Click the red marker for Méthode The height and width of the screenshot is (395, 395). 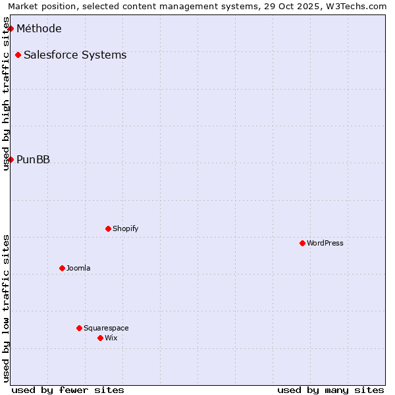click(11, 28)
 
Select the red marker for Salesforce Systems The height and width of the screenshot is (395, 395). click(18, 55)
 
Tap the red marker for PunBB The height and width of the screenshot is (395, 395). click(11, 159)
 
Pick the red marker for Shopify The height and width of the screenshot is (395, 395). click(108, 228)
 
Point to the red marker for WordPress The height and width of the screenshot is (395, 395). click(302, 243)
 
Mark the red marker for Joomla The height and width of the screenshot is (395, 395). click(62, 268)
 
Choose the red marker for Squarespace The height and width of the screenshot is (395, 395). click(79, 328)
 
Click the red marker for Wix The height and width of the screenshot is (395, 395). click(100, 338)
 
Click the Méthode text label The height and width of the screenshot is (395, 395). click(39, 28)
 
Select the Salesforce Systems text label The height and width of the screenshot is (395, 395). click(75, 55)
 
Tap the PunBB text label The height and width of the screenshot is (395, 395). click(33, 159)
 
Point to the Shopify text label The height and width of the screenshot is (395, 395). click(125, 228)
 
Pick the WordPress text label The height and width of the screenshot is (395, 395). click(325, 243)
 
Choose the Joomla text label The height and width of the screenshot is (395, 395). click(78, 268)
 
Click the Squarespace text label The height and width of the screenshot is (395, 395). click(106, 328)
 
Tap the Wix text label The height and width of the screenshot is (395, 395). click(111, 338)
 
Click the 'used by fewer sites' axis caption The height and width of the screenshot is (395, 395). click(68, 390)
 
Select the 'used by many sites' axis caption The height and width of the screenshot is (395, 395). click(330, 390)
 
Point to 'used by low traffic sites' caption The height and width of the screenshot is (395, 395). click(6, 308)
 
